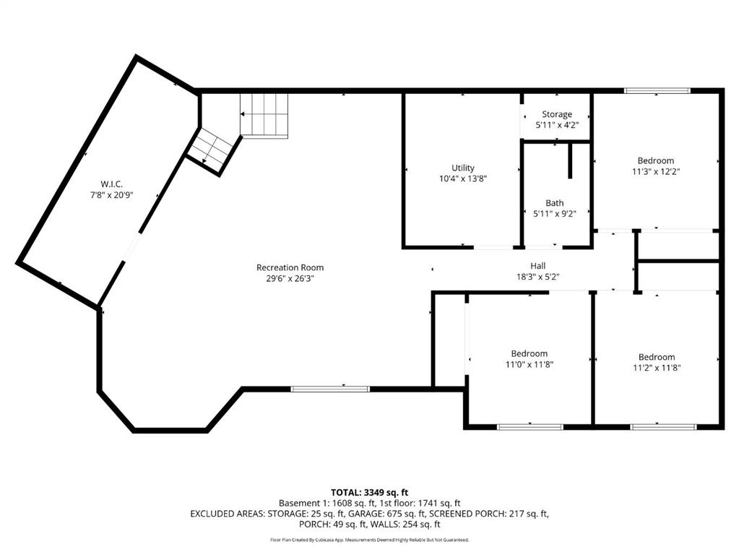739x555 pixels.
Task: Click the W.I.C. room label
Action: point(112,184)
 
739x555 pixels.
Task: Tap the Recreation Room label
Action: point(290,267)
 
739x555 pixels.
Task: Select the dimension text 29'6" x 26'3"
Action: point(290,278)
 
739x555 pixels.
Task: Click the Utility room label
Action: point(463,168)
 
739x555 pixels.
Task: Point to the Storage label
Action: point(557,114)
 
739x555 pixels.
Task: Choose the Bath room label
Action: point(555,203)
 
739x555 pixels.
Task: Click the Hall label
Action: point(537,266)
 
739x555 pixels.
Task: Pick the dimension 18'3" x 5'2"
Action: point(537,277)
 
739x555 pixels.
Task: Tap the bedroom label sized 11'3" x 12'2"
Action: point(656,161)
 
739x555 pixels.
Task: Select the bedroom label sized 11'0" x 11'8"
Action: point(530,353)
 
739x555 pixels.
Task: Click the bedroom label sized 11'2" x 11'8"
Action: point(657,357)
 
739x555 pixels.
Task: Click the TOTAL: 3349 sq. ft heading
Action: point(370,493)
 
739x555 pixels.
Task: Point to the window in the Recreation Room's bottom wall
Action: point(330,389)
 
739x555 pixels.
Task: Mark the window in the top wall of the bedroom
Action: point(657,90)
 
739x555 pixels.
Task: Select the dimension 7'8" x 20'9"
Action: point(112,194)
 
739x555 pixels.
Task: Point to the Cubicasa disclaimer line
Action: point(370,539)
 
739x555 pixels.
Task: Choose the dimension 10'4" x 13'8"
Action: point(463,178)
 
